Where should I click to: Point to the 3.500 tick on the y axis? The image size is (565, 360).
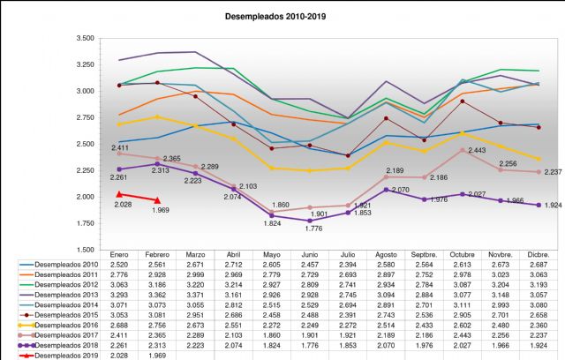pos(86,38)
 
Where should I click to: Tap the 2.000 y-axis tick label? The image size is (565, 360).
pos(86,197)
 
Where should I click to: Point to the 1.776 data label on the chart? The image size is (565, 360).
pos(313,229)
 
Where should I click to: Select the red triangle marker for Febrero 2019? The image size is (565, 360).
pos(157,200)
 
